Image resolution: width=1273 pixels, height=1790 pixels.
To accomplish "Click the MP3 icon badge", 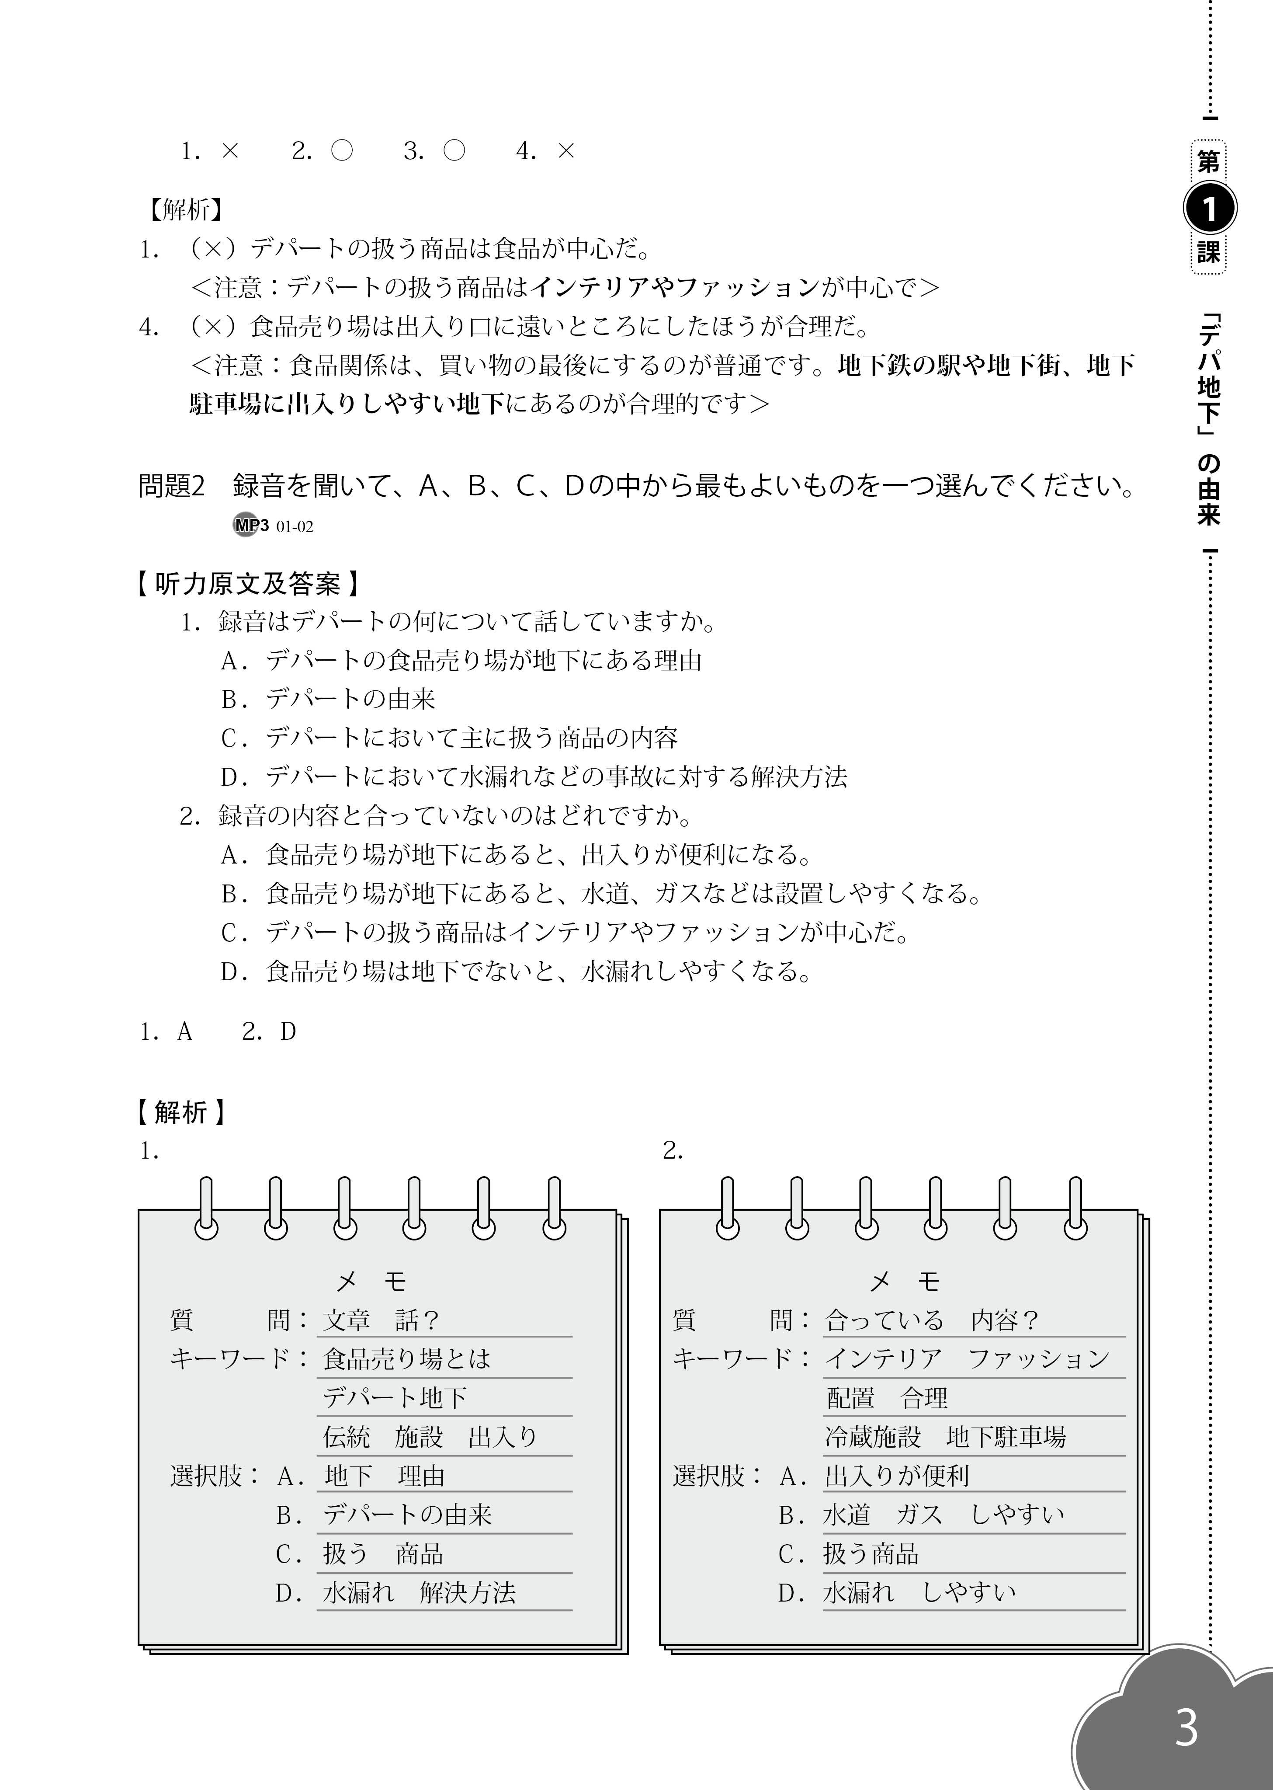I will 251,525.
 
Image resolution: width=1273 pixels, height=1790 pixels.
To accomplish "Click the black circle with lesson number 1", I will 1209,209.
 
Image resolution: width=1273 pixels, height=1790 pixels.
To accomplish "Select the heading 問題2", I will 171,486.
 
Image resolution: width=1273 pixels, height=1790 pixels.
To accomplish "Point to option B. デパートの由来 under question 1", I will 328,699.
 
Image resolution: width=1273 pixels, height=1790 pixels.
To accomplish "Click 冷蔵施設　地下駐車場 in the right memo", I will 944,1436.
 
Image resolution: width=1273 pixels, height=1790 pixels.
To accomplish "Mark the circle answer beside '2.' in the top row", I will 342,150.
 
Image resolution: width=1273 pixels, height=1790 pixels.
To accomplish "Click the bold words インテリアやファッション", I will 674,288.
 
